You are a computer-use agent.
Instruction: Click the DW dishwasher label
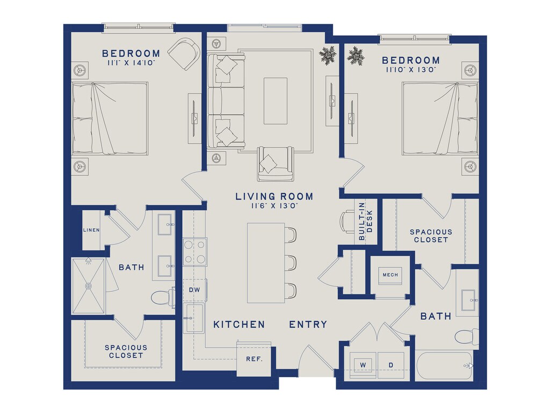tap(194, 290)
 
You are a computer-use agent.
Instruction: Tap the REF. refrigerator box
tap(254, 358)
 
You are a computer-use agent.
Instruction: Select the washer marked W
tap(363, 365)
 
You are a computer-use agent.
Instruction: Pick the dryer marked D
tap(391, 365)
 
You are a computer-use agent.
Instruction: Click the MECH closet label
tap(390, 275)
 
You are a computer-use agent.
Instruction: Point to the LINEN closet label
tap(91, 230)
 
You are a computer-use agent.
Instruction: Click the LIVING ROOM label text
tap(274, 196)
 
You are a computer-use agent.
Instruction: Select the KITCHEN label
tap(239, 325)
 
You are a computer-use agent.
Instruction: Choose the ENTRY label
tap(308, 325)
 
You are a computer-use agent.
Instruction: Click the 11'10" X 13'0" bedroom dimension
tap(411, 69)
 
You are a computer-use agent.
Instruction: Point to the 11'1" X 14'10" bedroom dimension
tap(132, 63)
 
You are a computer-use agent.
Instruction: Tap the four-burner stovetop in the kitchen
tap(194, 252)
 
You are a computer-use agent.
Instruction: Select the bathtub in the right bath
tap(444, 365)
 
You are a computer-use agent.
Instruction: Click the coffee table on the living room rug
tap(276, 101)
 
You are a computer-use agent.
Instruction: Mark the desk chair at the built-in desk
tap(348, 222)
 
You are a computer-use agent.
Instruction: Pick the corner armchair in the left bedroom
tap(185, 54)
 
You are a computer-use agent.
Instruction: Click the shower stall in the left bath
tap(89, 286)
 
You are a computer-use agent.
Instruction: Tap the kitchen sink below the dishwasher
tap(193, 318)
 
